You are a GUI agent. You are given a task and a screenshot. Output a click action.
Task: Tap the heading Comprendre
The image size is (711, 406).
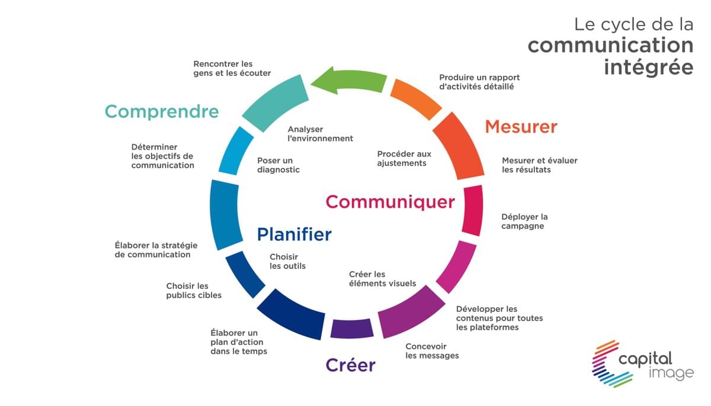pyautogui.click(x=162, y=112)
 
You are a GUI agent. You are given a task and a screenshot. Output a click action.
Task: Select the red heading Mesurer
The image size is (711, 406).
pyautogui.click(x=521, y=127)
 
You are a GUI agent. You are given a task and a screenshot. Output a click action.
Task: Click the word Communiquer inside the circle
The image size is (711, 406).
pyautogui.click(x=390, y=202)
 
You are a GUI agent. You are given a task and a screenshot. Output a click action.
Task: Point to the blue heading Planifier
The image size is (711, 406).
pyautogui.click(x=294, y=234)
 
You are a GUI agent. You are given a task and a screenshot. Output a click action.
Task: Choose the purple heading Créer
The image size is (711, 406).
pyautogui.click(x=350, y=365)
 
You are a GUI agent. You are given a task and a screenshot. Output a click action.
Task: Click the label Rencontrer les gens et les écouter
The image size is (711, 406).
pyautogui.click(x=232, y=69)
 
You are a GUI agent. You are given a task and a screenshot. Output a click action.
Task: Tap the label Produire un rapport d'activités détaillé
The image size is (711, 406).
pyautogui.click(x=479, y=82)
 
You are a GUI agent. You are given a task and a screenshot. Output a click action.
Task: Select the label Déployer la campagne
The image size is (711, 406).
pyautogui.click(x=524, y=221)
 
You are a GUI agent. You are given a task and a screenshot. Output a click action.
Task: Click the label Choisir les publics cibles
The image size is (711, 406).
pyautogui.click(x=194, y=291)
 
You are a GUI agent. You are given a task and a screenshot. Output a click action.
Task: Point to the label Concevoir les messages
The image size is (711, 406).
pyautogui.click(x=432, y=351)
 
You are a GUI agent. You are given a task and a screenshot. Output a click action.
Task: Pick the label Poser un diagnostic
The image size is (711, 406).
pyautogui.click(x=278, y=165)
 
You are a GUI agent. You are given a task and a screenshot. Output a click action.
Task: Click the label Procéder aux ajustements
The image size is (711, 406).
pyautogui.click(x=404, y=159)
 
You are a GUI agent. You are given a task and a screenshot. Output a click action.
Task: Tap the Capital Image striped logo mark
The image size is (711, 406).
pyautogui.click(x=611, y=364)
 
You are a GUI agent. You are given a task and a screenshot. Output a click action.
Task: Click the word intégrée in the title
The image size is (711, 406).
pyautogui.click(x=648, y=67)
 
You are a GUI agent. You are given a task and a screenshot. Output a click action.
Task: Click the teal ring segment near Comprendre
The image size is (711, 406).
pyautogui.click(x=276, y=103)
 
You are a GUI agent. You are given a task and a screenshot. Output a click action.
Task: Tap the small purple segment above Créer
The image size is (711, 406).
pyautogui.click(x=352, y=328)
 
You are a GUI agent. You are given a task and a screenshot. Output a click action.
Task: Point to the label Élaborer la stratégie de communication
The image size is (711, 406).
pyautogui.click(x=156, y=250)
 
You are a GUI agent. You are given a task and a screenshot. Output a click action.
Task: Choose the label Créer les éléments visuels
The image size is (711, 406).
pyautogui.click(x=382, y=279)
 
